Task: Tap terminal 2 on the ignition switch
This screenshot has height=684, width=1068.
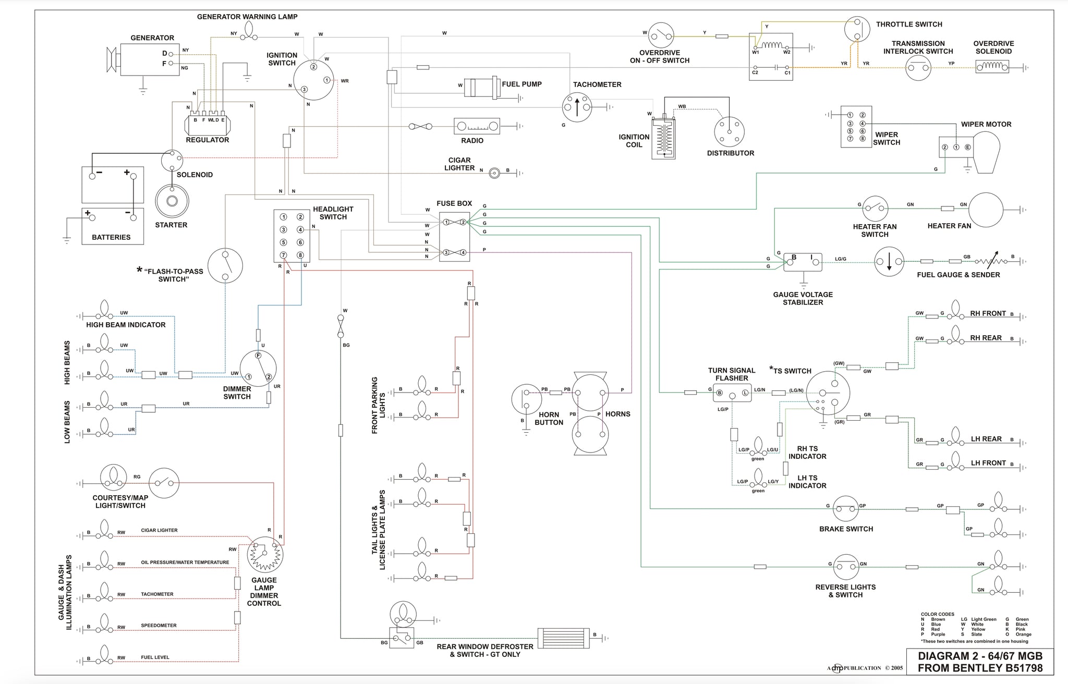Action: pyautogui.click(x=313, y=67)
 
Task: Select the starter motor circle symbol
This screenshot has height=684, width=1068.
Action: pyautogui.click(x=172, y=202)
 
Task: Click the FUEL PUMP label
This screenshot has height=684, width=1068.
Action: pyautogui.click(x=521, y=84)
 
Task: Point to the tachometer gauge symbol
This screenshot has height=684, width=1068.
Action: pyautogui.click(x=577, y=107)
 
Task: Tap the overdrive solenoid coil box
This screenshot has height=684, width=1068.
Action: pyautogui.click(x=992, y=67)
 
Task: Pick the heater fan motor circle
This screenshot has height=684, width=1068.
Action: pyautogui.click(x=986, y=210)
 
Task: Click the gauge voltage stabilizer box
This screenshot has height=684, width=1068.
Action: pyautogui.click(x=803, y=262)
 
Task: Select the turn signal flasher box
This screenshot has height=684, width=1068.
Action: pyautogui.click(x=732, y=393)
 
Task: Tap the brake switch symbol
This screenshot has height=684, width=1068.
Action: pyautogui.click(x=846, y=508)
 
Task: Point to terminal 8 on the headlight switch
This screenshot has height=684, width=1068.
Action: pyautogui.click(x=300, y=255)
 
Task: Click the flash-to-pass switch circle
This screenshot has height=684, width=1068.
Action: pyautogui.click(x=225, y=265)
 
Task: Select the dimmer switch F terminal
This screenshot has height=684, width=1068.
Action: pyautogui.click(x=258, y=355)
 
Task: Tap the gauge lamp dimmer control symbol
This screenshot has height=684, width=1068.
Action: pyautogui.click(x=265, y=555)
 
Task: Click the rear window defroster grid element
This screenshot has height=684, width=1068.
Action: pyautogui.click(x=563, y=637)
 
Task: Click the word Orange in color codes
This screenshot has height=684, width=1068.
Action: pyautogui.click(x=1023, y=634)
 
